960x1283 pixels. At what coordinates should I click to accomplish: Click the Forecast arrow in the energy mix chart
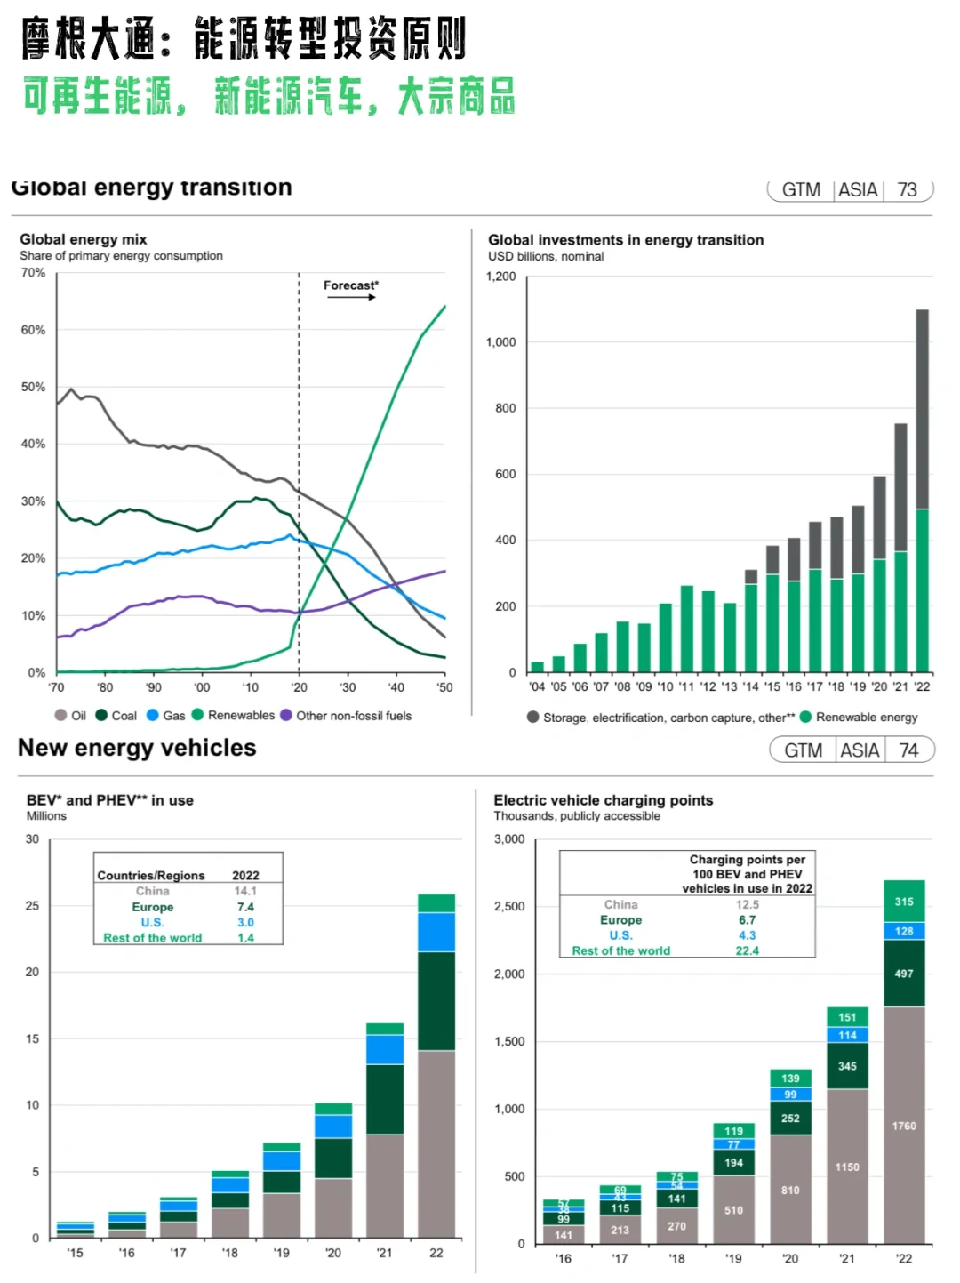pyautogui.click(x=352, y=297)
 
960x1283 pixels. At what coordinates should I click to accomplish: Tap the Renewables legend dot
pyautogui.click(x=198, y=715)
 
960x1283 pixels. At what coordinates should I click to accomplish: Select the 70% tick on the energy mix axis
pyautogui.click(x=33, y=273)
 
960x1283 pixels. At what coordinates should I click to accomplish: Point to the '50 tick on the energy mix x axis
pyautogui.click(x=444, y=687)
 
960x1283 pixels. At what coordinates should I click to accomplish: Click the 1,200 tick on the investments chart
pyautogui.click(x=500, y=277)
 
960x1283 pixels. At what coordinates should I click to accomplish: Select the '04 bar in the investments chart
pyautogui.click(x=537, y=667)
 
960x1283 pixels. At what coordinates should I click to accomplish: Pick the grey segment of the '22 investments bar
pyautogui.click(x=923, y=409)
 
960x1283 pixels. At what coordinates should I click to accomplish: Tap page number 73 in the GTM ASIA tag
pyautogui.click(x=907, y=190)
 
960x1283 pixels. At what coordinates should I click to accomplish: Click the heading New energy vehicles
pyautogui.click(x=137, y=749)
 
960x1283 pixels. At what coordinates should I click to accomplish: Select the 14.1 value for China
pyautogui.click(x=245, y=891)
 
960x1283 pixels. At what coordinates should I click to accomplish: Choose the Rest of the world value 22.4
pyautogui.click(x=747, y=950)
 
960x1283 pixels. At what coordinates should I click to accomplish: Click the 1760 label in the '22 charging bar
pyautogui.click(x=904, y=1126)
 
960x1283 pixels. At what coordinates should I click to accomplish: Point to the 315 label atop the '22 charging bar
pyautogui.click(x=904, y=902)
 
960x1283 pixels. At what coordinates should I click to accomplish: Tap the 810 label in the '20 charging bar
pyautogui.click(x=790, y=1190)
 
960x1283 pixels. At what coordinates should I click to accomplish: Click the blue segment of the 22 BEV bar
pyautogui.click(x=436, y=932)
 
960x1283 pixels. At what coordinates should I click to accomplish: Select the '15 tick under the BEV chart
pyautogui.click(x=75, y=1253)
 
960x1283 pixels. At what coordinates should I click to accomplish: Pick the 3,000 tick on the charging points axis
pyautogui.click(x=509, y=839)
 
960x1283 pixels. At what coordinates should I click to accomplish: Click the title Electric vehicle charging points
pyautogui.click(x=603, y=800)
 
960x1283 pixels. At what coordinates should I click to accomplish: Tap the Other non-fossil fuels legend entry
pyautogui.click(x=353, y=716)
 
